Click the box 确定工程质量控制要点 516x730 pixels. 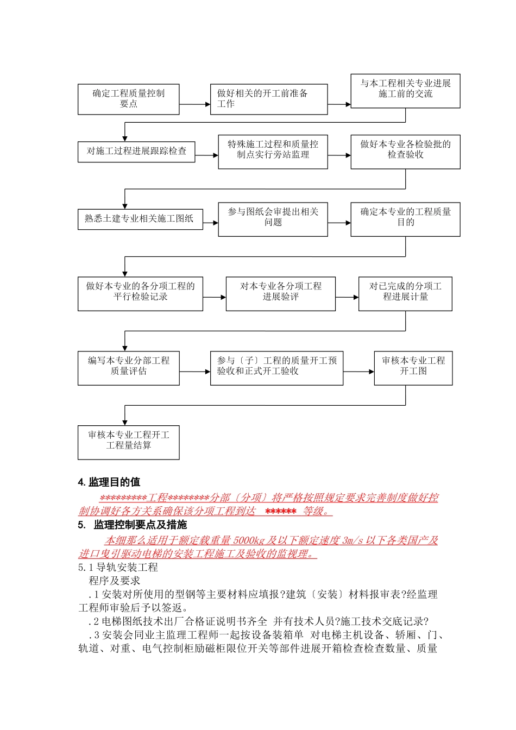128,99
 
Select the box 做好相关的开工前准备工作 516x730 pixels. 269,99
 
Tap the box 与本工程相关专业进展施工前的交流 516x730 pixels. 405,91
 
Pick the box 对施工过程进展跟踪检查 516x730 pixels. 136,151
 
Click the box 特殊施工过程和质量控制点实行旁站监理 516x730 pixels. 273,152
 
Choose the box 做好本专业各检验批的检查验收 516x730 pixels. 405,152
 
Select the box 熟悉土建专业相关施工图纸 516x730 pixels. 140,219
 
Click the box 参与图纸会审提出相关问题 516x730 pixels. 273,219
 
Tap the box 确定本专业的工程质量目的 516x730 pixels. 405,219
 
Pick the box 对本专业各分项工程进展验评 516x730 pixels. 280,293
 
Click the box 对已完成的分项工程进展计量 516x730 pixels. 405,293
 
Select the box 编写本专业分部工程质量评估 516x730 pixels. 128,368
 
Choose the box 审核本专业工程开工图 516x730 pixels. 413,368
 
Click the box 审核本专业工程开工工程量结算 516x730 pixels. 128,442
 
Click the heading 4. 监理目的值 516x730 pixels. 109,482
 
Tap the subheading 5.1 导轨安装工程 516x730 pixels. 118,568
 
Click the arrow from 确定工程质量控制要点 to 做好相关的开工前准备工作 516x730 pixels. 194,104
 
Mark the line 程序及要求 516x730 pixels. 115,581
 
